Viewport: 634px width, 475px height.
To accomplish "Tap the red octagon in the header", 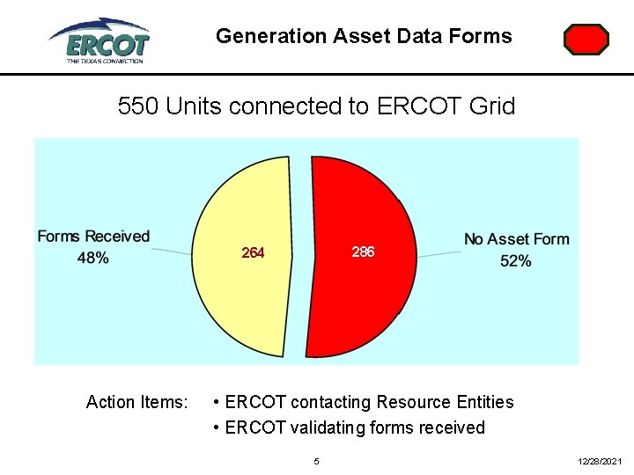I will pyautogui.click(x=586, y=40).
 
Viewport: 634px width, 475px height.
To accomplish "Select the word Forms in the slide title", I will pyautogui.click(x=482, y=36).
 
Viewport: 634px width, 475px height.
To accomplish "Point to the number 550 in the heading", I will pyautogui.click(x=138, y=106).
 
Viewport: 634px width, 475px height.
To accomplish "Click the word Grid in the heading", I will pyautogui.click(x=495, y=106).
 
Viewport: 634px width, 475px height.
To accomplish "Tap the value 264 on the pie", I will pyautogui.click(x=253, y=253).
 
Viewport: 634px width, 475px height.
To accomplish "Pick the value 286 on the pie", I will pyautogui.click(x=363, y=252).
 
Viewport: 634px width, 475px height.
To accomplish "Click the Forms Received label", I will pyautogui.click(x=93, y=237).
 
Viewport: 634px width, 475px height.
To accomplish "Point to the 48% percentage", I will pyautogui.click(x=93, y=258).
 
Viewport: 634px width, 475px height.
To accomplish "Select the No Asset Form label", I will pyautogui.click(x=517, y=239).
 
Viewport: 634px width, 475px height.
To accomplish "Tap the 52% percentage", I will pyautogui.click(x=516, y=261).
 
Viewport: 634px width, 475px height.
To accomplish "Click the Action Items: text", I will pyautogui.click(x=136, y=402).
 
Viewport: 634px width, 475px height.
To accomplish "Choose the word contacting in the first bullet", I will pyautogui.click(x=331, y=402).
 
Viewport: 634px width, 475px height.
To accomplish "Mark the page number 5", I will pyautogui.click(x=317, y=461).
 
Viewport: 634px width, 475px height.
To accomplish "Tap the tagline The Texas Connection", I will pyautogui.click(x=104, y=61).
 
